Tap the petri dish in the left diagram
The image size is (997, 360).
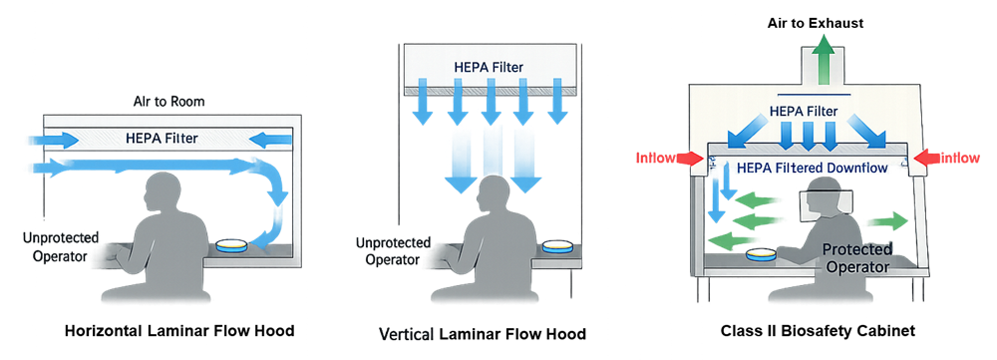pos(234,246)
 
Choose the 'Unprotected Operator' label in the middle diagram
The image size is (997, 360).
pos(393,251)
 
